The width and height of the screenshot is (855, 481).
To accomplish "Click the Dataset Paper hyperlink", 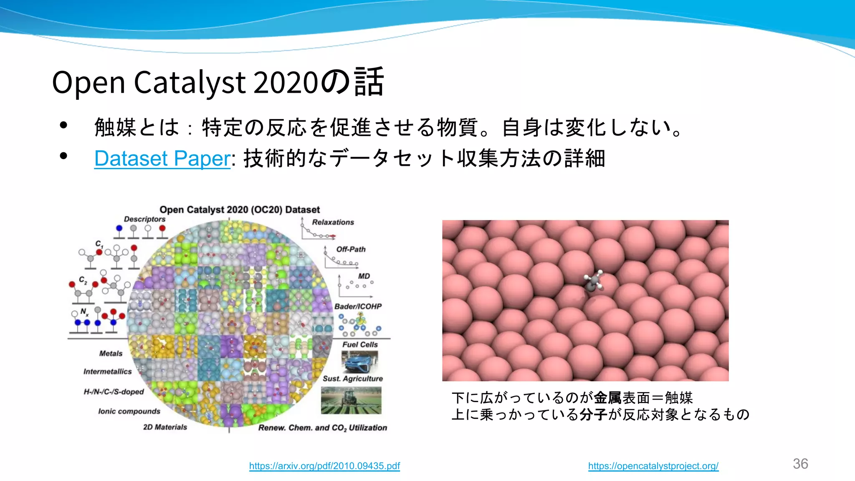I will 162,159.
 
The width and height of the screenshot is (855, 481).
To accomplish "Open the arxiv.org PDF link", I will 324,466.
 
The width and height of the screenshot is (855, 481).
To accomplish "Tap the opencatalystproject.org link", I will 653,466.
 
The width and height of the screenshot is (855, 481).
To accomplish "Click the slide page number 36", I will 800,464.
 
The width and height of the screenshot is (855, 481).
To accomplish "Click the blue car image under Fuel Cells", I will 359,361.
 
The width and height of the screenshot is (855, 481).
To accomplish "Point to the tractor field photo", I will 351,400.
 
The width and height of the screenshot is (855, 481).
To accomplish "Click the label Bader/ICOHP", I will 358,306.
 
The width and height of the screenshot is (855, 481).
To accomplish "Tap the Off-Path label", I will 351,249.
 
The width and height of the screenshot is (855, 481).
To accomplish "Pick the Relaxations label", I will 333,222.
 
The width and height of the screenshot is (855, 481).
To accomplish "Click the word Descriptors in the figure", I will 144,219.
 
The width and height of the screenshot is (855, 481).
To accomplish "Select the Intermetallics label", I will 107,372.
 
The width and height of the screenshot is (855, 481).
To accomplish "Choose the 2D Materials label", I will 165,427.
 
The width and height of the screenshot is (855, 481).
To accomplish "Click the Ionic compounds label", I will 129,411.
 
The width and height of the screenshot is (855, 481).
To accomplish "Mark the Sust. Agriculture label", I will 352,379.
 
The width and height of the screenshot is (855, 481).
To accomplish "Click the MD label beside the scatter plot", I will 364,276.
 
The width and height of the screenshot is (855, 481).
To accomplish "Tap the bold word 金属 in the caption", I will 607,397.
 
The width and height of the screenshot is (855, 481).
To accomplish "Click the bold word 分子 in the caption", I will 593,415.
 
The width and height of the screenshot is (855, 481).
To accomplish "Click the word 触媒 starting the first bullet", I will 115,127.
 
